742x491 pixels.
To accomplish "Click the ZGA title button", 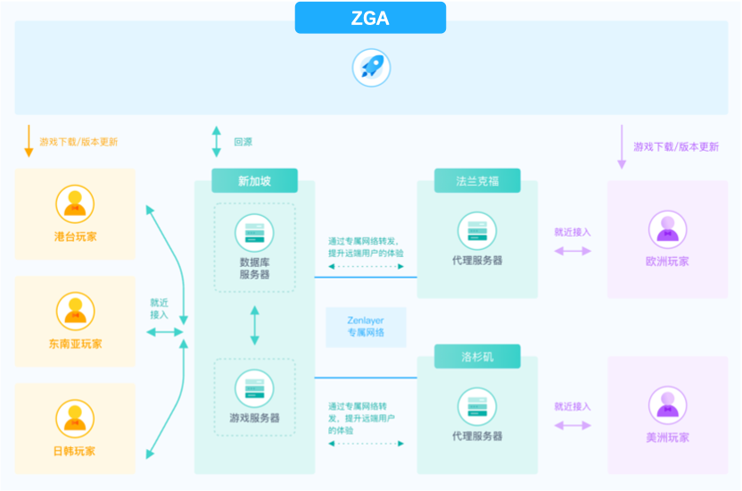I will click(370, 18).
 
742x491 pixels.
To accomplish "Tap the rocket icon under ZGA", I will click(370, 68).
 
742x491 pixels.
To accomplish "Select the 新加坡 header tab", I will click(254, 181).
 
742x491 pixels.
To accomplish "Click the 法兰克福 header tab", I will click(477, 181).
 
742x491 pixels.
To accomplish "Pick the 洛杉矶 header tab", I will click(477, 357).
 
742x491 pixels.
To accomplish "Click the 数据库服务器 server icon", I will click(254, 231).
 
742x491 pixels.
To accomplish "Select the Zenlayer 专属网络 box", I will click(366, 327).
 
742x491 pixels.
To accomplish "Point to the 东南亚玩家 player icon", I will click(75, 312).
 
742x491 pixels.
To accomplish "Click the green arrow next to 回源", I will click(216, 141).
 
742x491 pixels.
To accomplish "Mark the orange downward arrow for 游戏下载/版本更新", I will click(29, 141).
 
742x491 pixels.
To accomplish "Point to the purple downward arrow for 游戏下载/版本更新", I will click(622, 146).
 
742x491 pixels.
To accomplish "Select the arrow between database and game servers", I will click(255, 326).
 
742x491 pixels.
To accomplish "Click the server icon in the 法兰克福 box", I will click(477, 230).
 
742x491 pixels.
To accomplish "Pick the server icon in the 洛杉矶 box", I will click(477, 406).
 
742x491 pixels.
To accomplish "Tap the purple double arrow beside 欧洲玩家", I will click(573, 251).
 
